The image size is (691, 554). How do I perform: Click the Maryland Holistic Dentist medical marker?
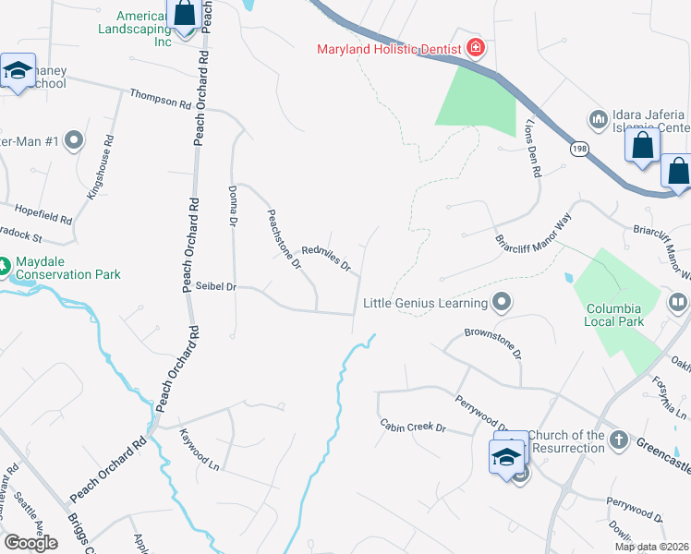[x=476, y=47]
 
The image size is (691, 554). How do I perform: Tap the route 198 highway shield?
[x=579, y=149]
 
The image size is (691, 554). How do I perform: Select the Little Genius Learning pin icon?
[x=502, y=301]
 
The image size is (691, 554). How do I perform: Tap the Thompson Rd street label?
[x=160, y=96]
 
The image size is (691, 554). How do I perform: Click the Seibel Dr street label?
[x=216, y=287]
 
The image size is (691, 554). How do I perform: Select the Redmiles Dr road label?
[x=327, y=258]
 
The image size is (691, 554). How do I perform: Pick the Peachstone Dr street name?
[x=285, y=239]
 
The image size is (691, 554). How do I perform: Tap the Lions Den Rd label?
[x=531, y=147]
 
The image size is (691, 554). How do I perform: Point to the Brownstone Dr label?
[x=493, y=342]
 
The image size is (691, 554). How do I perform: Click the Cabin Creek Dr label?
[x=413, y=427]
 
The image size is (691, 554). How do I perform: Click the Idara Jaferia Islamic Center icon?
[x=597, y=119]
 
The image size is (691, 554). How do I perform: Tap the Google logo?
[x=30, y=543]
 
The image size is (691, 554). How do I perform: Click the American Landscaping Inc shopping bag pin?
[x=185, y=15]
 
